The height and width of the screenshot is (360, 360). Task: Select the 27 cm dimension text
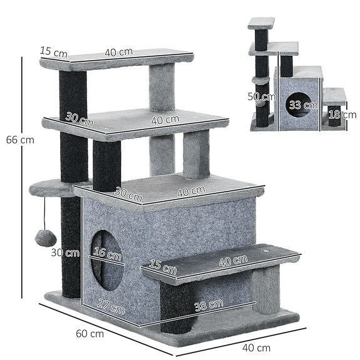coord(112,308)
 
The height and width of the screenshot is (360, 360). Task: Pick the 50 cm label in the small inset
coord(261,97)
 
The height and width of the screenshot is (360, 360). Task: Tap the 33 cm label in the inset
coord(299,105)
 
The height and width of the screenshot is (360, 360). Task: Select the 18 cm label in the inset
coord(341,115)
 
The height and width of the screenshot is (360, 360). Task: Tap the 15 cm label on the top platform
coord(53,51)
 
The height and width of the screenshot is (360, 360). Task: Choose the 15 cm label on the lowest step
coord(163,268)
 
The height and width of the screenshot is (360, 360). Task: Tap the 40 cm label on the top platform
coord(118,53)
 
